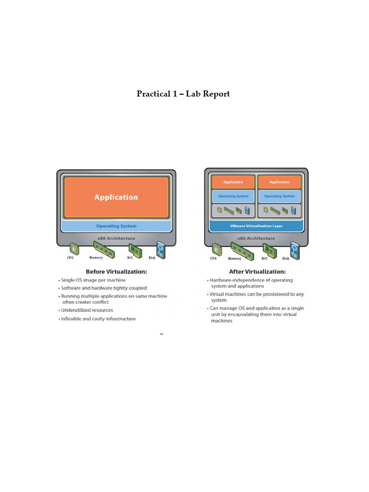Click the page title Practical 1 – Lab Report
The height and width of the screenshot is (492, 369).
[x=183, y=94]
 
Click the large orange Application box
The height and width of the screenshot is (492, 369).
[x=116, y=197]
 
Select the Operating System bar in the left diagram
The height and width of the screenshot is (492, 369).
[x=116, y=226]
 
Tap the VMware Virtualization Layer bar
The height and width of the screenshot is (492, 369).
[x=257, y=226]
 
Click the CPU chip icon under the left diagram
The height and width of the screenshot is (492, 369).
[x=74, y=248]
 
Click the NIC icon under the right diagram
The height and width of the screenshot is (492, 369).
[x=268, y=249]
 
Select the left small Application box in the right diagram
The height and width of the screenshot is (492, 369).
[x=233, y=182]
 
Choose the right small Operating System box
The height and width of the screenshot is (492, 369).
[x=279, y=196]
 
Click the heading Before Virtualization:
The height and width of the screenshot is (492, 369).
[x=116, y=271]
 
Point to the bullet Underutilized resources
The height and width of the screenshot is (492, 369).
[x=86, y=310]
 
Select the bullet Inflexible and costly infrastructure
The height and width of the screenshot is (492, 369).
[x=98, y=319]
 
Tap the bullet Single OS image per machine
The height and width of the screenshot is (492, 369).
[x=93, y=280]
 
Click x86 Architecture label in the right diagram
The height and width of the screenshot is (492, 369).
[x=257, y=238]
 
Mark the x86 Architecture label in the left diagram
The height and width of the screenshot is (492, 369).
[x=116, y=238]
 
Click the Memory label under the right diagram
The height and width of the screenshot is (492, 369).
[x=234, y=258]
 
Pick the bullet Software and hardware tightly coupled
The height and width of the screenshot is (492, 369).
[x=104, y=288]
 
